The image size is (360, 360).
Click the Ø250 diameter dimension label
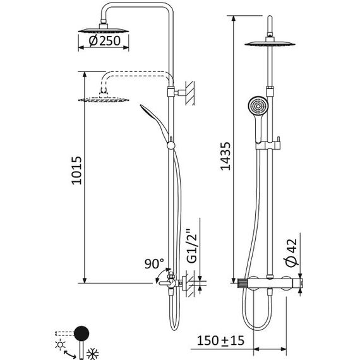pos(104,41)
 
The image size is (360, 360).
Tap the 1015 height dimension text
pos(76,171)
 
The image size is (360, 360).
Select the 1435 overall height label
pos(225,156)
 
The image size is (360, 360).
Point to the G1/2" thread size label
pos(192,246)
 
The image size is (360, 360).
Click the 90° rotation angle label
pos(154,263)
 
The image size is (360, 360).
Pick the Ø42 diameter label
pos(291,253)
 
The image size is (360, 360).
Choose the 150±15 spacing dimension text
pos(220,340)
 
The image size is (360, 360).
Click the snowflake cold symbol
pos(92,354)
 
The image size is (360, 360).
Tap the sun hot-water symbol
pos(61,344)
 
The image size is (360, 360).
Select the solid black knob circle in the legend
pos(81,333)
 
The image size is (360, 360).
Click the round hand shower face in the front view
pos(258,106)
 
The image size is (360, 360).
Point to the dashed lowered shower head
pos(104,99)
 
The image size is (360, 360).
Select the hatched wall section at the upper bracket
pos(190,93)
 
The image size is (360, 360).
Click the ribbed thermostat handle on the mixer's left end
pos(241,283)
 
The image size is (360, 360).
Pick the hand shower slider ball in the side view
pos(171,145)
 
